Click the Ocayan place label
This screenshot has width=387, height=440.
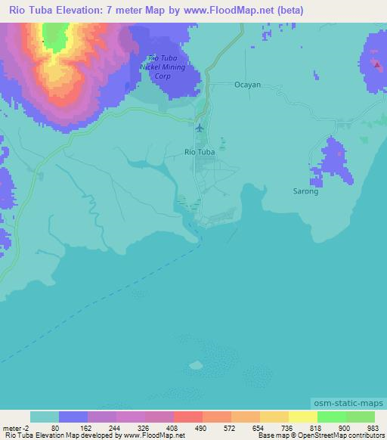247,85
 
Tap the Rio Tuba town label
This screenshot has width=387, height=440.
200,152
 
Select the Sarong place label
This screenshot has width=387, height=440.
305,191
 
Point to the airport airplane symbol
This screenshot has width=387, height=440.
200,126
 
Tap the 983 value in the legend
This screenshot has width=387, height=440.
373,426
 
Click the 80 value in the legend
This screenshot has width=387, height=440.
54,426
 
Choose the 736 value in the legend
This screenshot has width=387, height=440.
287,426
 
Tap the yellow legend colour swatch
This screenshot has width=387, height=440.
303,417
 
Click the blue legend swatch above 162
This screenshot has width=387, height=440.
73,417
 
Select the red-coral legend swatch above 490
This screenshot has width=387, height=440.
188,417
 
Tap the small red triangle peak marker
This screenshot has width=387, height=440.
376,64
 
